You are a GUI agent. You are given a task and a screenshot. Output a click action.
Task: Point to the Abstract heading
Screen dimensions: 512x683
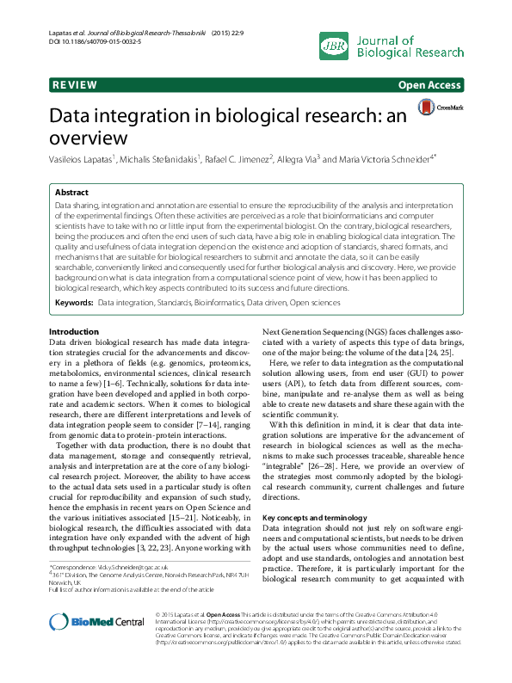[x=71, y=194]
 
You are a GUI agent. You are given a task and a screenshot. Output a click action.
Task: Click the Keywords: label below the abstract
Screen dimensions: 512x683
[x=74, y=303]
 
